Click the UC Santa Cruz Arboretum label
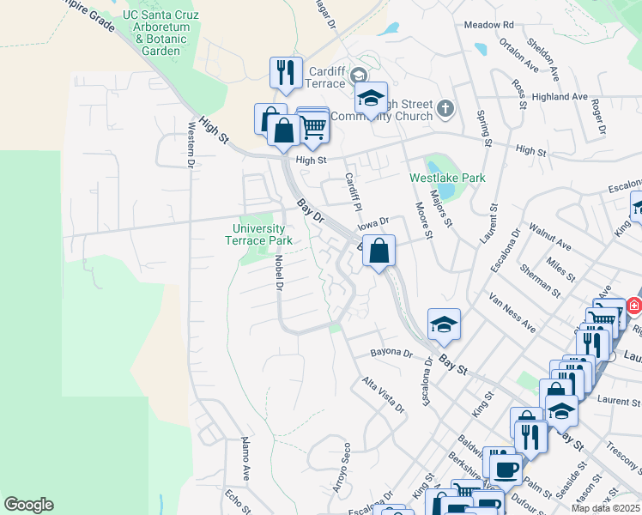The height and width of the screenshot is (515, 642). click(x=161, y=33)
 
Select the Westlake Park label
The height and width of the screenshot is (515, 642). click(x=447, y=179)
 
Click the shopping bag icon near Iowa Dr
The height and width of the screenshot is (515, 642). click(x=379, y=251)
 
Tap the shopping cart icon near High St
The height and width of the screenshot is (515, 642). click(x=313, y=127)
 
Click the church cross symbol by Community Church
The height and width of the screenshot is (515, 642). click(x=444, y=108)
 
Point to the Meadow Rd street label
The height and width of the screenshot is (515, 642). click(x=488, y=26)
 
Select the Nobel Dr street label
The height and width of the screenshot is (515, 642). click(x=279, y=276)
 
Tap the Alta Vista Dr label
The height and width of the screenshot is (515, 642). click(x=384, y=394)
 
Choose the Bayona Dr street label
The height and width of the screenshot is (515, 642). click(x=391, y=353)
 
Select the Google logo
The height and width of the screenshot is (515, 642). click(x=28, y=505)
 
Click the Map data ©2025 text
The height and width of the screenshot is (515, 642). click(x=605, y=508)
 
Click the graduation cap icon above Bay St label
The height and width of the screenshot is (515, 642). click(x=444, y=324)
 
